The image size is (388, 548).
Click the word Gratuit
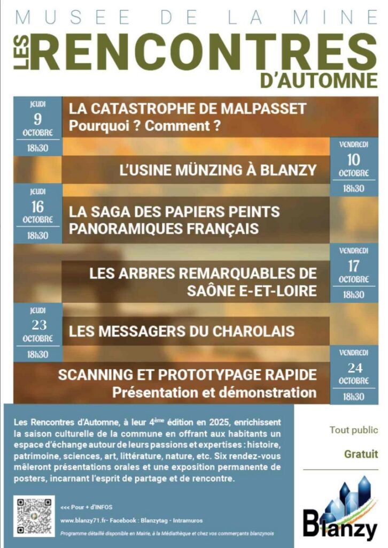pos(361,454)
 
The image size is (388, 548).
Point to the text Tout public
pos(353,430)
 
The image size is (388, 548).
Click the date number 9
pos(37,119)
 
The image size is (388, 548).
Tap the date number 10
pos(353,159)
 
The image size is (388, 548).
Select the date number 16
pos(37,207)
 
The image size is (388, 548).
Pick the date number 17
pos(353,265)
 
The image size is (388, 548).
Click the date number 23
pos(37,325)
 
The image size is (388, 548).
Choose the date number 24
pos(353,368)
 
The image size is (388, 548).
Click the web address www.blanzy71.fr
pos(82,520)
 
